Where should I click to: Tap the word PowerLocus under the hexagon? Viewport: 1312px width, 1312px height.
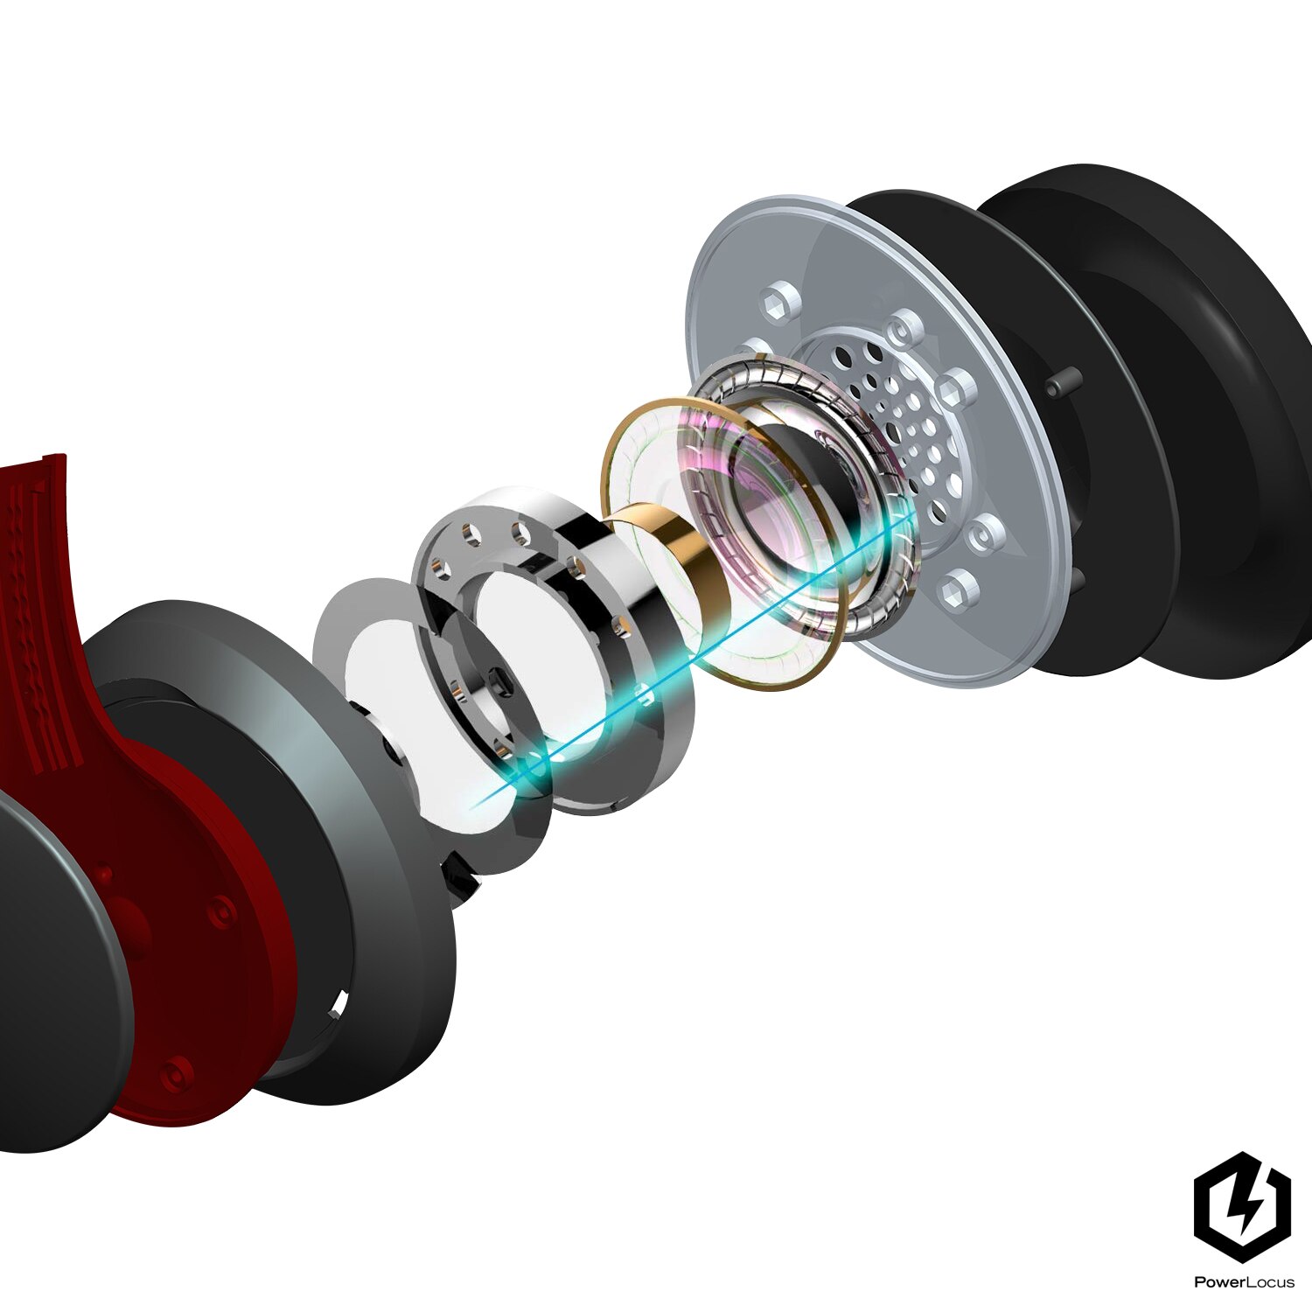click(1244, 1282)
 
